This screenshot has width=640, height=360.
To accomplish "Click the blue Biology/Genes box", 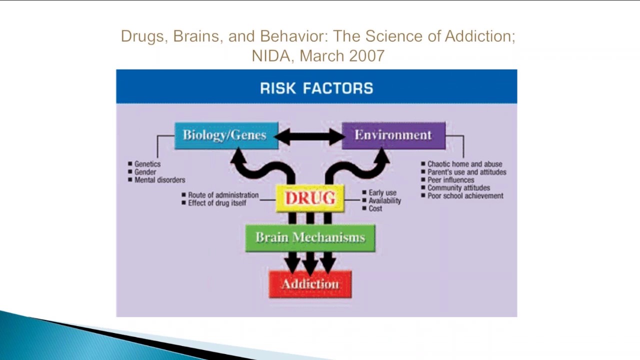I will pos(226,135).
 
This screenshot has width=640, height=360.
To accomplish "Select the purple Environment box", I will pos(393,135).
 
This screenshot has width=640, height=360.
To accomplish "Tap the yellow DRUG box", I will pos(310,198).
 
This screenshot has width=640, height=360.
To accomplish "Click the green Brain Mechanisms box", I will pos(310,237).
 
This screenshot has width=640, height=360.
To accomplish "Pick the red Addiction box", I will pos(310,284).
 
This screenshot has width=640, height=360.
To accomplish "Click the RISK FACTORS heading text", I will pos(316,88).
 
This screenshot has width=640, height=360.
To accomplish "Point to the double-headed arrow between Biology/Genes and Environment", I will pos(310,136).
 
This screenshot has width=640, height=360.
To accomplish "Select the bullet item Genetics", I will pos(147,164).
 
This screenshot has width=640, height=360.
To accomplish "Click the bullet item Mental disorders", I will pos(159,180).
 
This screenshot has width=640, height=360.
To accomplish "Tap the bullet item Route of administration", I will pos(223,195).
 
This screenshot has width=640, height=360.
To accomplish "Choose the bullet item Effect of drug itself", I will pos(217,203).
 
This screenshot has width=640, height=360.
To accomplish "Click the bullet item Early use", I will pos(382,192).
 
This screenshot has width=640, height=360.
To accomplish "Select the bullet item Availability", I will pos(384,200).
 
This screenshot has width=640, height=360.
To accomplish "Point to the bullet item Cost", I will pos(375,208).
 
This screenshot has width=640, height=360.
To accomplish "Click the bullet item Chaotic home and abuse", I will pos(464,164).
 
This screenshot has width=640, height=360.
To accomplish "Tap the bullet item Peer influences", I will pos(450,180).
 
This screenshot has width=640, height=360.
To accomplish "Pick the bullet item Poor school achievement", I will pos(465,196).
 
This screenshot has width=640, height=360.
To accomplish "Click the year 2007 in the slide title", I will pos(367,55).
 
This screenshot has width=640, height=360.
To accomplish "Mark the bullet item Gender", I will pos(145,172).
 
